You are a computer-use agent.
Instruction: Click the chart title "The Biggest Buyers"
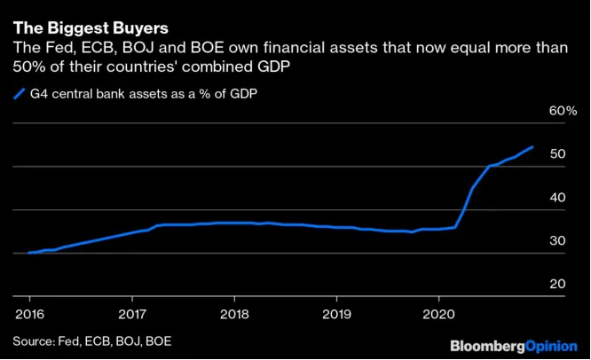point(91,28)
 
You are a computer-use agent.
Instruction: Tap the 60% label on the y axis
point(563,111)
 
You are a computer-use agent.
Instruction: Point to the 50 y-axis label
point(557,153)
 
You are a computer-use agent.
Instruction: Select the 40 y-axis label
point(557,198)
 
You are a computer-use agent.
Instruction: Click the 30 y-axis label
point(557,240)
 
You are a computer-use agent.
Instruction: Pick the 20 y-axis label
point(557,284)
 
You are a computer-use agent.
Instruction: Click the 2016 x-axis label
point(30,314)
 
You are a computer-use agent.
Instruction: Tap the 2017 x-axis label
point(132,314)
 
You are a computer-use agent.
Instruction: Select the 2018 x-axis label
point(234,314)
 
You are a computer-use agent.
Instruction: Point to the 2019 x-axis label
point(336,314)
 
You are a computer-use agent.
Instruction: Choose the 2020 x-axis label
point(438,314)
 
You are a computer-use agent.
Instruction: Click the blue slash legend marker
point(20,94)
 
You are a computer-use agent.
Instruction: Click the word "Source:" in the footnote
point(34,341)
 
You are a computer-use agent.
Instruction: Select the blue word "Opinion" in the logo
point(551,347)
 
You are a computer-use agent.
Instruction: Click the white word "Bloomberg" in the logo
point(487,347)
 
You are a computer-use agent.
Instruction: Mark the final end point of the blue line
point(532,147)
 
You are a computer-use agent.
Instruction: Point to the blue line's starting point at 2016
point(29,253)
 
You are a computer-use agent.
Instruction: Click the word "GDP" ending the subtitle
point(273,67)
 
